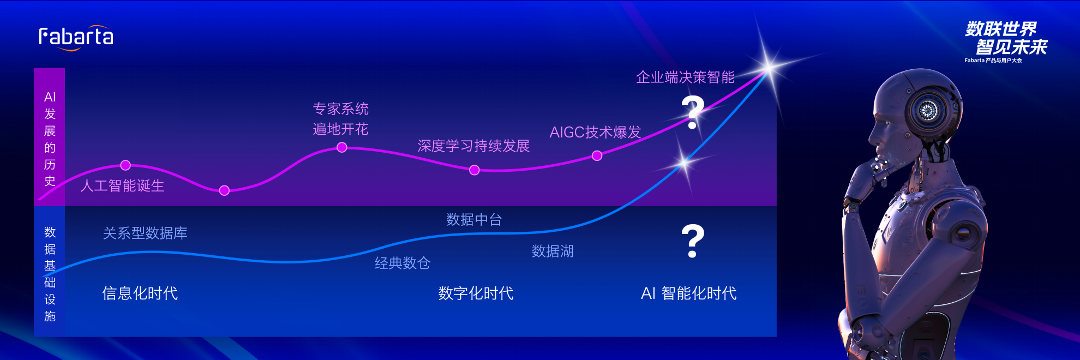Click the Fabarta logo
tap(76, 38)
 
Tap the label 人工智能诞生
tap(123, 186)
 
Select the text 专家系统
tap(341, 109)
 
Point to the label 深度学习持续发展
tap(473, 146)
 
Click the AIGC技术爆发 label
tap(595, 132)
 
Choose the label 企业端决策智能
tap(685, 77)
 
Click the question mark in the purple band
tap(693, 112)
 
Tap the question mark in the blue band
tap(693, 241)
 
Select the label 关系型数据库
tap(145, 233)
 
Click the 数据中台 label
tap(474, 220)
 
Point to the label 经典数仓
tap(403, 263)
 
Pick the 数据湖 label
tap(553, 251)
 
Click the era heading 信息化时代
tap(140, 293)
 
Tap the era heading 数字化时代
tap(476, 293)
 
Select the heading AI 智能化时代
tap(689, 293)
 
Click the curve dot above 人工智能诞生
tap(125, 165)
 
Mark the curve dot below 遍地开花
tap(342, 147)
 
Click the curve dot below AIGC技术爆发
tap(597, 156)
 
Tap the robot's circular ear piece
tap(928, 111)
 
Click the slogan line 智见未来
tap(1012, 47)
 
